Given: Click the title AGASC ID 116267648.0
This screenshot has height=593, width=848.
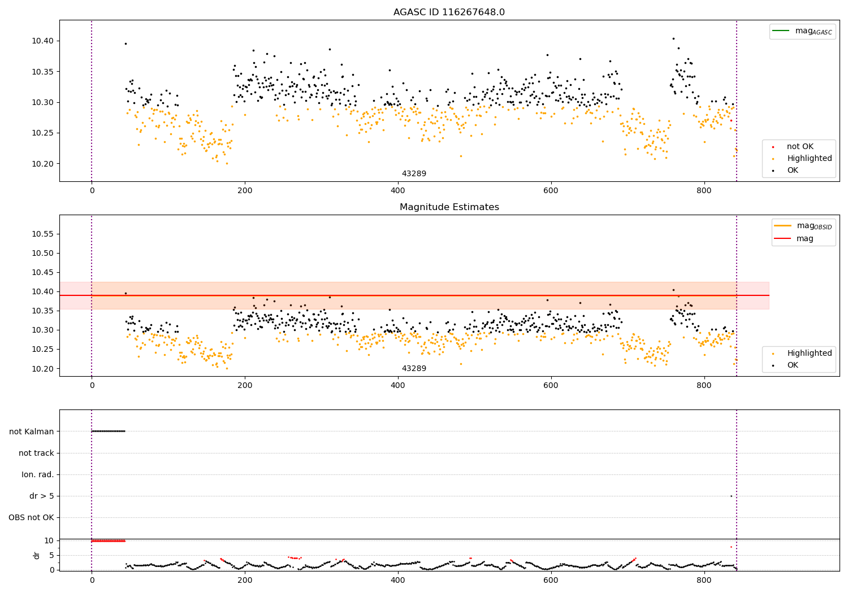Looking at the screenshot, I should [449, 12].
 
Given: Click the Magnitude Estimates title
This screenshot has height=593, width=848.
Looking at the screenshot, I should [449, 207].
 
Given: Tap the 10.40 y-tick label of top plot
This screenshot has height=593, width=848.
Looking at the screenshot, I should [42, 41].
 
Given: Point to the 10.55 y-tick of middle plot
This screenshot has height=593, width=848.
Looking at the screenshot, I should [42, 234].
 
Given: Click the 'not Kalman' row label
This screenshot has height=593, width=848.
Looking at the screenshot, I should [32, 431].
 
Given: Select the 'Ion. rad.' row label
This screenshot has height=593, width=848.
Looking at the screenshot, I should [38, 474].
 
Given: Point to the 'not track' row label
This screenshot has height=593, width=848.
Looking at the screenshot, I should [36, 453].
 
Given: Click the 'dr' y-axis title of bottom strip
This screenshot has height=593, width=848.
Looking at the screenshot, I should [37, 555].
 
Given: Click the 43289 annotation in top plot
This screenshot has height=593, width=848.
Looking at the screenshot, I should [414, 174].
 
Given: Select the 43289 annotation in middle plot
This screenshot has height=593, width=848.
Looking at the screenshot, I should [414, 369].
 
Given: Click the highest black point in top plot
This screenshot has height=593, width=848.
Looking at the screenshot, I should [673, 38].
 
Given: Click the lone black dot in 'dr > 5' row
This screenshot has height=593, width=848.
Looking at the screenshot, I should [731, 496].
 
